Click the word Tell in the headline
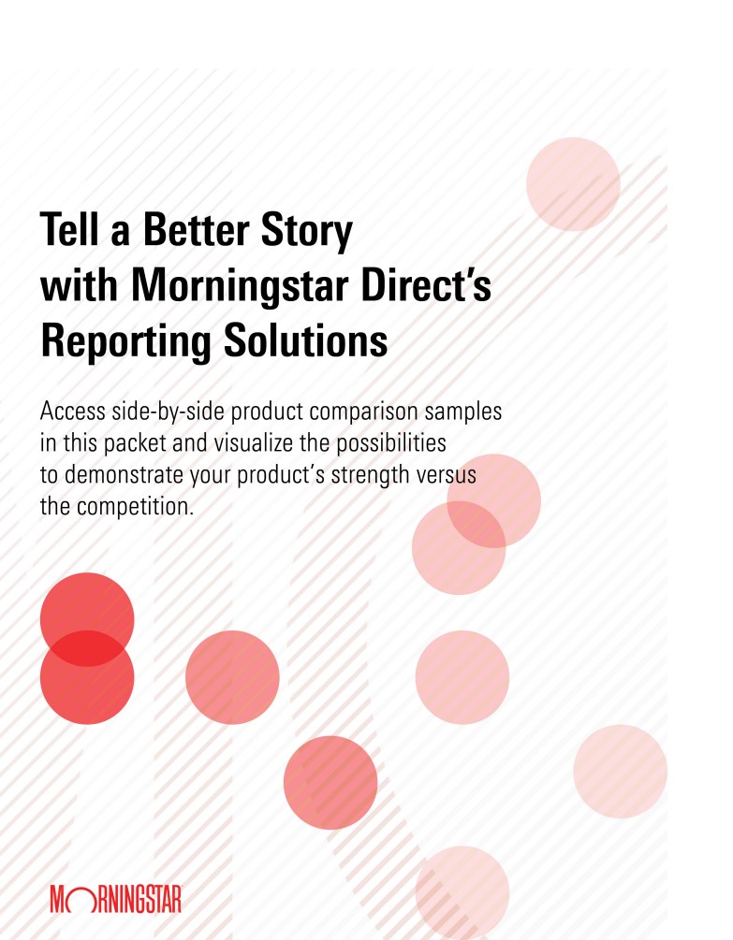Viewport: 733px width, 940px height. tap(70, 229)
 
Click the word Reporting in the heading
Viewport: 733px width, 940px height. tap(126, 343)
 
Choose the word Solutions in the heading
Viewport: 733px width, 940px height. tap(305, 340)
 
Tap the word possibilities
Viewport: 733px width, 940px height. tap(391, 444)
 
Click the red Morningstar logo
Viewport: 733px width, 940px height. tap(116, 898)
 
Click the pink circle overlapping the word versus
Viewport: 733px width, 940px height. tap(493, 500)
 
